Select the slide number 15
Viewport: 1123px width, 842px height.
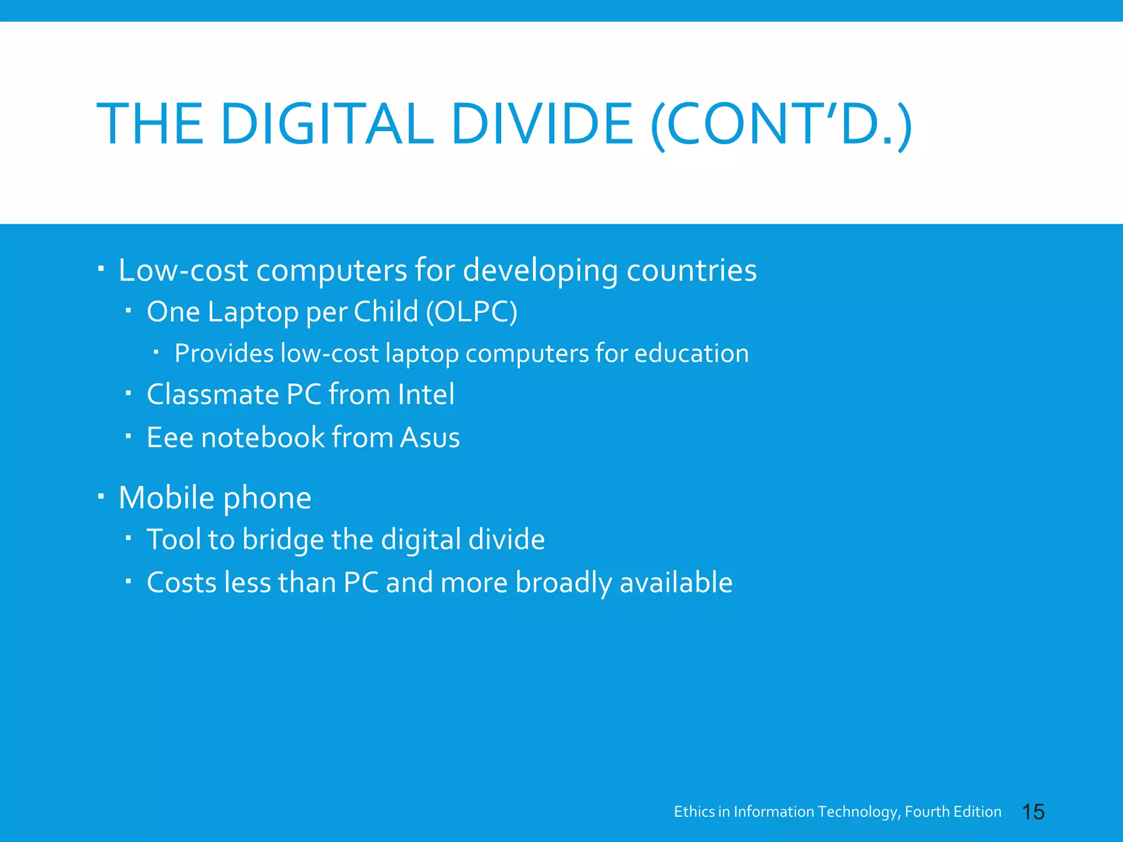coord(1033,812)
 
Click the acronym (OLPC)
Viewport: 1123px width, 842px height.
coord(472,312)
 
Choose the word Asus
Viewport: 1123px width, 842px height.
coord(429,437)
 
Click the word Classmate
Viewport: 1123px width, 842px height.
coord(213,395)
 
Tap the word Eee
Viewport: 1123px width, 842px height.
coord(170,437)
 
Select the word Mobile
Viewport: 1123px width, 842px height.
coord(166,498)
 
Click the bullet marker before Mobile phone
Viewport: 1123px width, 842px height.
coord(101,497)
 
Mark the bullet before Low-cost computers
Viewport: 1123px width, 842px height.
coord(101,269)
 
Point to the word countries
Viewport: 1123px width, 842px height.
coord(691,270)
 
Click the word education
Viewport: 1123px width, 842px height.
coord(691,354)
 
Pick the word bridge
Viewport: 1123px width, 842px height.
coord(283,540)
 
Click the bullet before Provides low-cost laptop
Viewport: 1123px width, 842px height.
coord(156,352)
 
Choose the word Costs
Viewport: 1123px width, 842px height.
coord(182,582)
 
